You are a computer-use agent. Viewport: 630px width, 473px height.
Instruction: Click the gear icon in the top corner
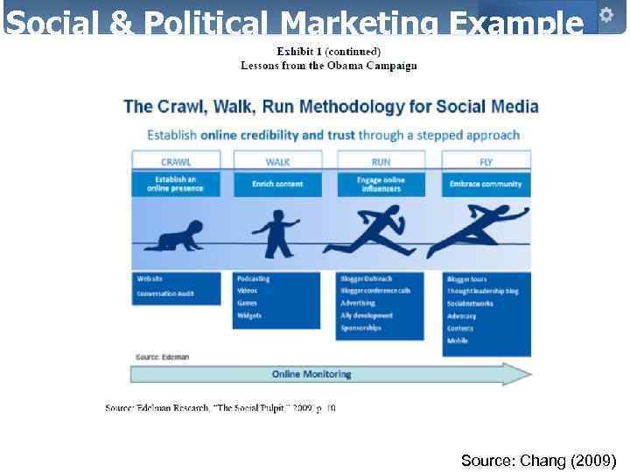coord(605,14)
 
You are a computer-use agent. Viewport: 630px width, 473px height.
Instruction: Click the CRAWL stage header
coord(176,162)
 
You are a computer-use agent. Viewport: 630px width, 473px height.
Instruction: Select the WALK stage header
coord(277,162)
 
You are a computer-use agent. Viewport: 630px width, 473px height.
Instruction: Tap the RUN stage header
coord(381,162)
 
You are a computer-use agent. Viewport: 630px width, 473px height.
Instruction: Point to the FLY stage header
coord(486,162)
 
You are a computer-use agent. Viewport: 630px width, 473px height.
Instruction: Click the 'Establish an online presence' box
coord(176,183)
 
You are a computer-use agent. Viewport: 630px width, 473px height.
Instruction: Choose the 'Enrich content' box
coord(277,184)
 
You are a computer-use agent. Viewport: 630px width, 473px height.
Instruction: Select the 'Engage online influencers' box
coord(381,184)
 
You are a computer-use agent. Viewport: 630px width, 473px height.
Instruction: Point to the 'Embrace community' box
coord(486,184)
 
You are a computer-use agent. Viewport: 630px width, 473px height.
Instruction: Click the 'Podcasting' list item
coord(254,279)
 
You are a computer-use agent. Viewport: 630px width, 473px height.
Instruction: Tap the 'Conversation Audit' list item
coord(165,293)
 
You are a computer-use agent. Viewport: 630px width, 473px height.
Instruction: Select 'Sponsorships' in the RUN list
coord(361,328)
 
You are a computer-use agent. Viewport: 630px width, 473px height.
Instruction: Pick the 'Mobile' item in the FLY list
coord(458,341)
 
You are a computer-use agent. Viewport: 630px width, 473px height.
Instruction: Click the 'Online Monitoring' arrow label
coord(311,374)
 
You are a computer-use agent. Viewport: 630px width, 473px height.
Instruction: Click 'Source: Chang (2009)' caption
coord(538,460)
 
